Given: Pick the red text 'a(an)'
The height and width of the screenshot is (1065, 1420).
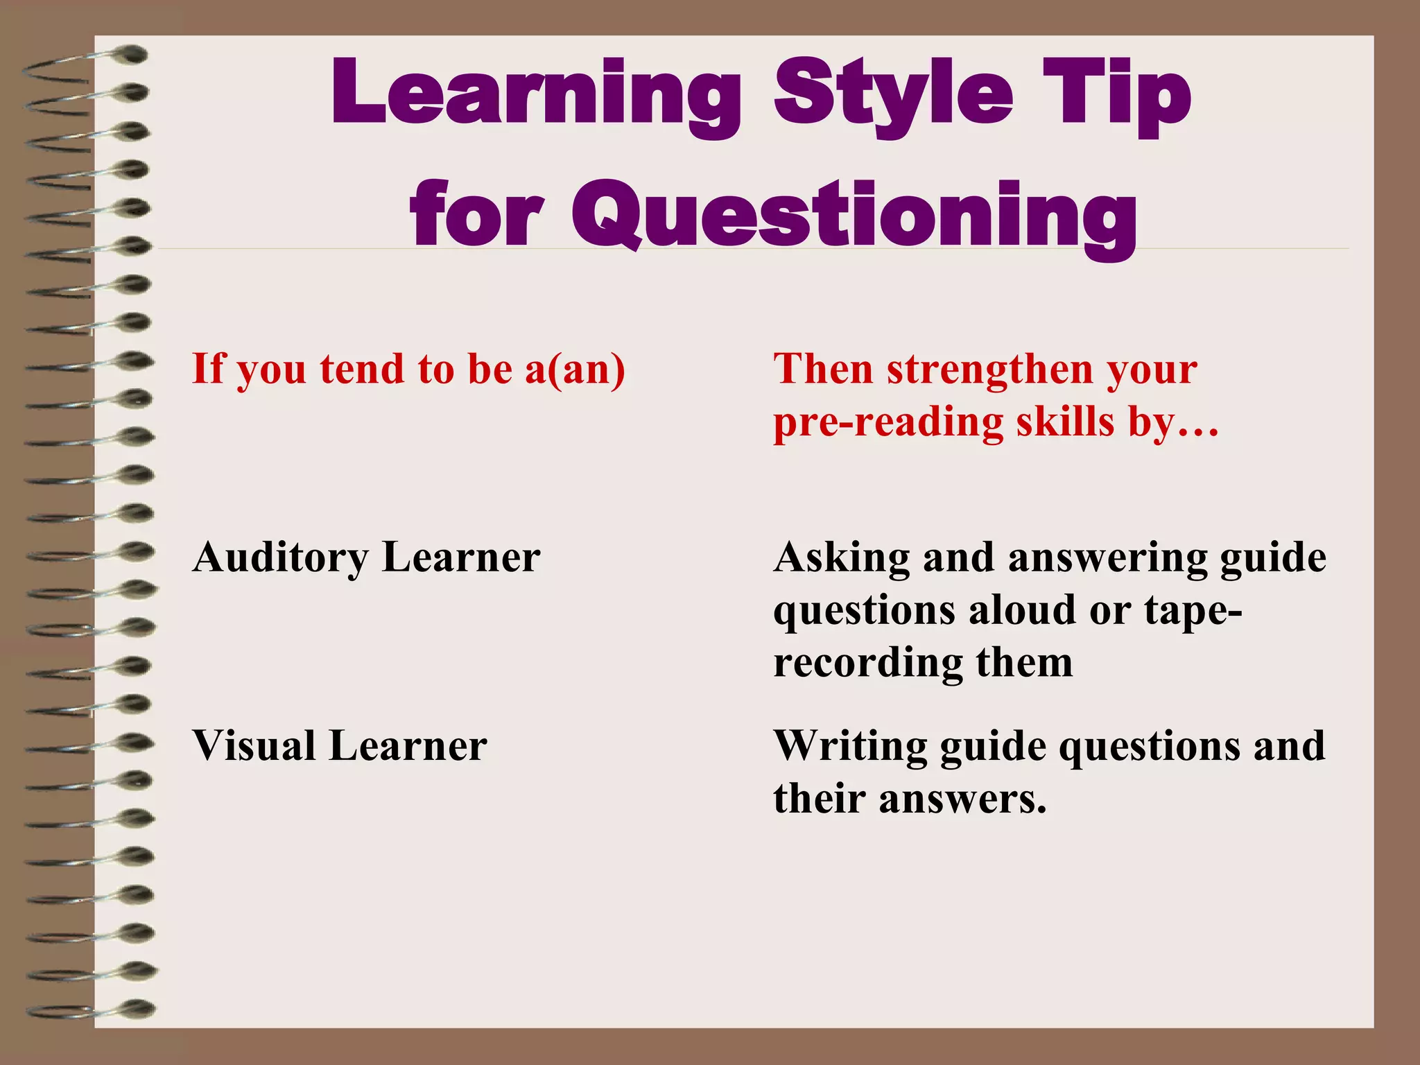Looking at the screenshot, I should coord(575,369).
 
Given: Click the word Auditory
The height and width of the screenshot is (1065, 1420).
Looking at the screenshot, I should coord(281,557).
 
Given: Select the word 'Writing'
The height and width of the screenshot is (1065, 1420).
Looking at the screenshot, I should coord(850,747).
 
